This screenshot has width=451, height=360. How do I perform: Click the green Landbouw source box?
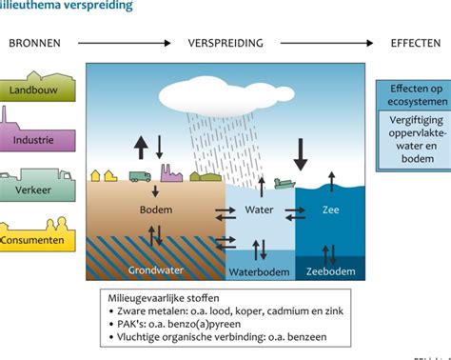pyautogui.click(x=33, y=90)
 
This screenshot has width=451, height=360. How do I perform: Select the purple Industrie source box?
pyautogui.click(x=33, y=140)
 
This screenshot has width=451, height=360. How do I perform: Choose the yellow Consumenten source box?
pyautogui.click(x=33, y=240)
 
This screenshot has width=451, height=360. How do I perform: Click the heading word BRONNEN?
pyautogui.click(x=36, y=44)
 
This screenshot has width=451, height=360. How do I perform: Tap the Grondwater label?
pyautogui.click(x=155, y=270)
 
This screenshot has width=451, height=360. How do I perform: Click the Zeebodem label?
pyautogui.click(x=332, y=270)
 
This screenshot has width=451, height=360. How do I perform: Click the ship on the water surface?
pyautogui.click(x=284, y=184)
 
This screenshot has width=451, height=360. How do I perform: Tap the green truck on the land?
pyautogui.click(x=139, y=176)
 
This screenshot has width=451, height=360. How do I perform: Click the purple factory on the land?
pyautogui.click(x=171, y=173)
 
